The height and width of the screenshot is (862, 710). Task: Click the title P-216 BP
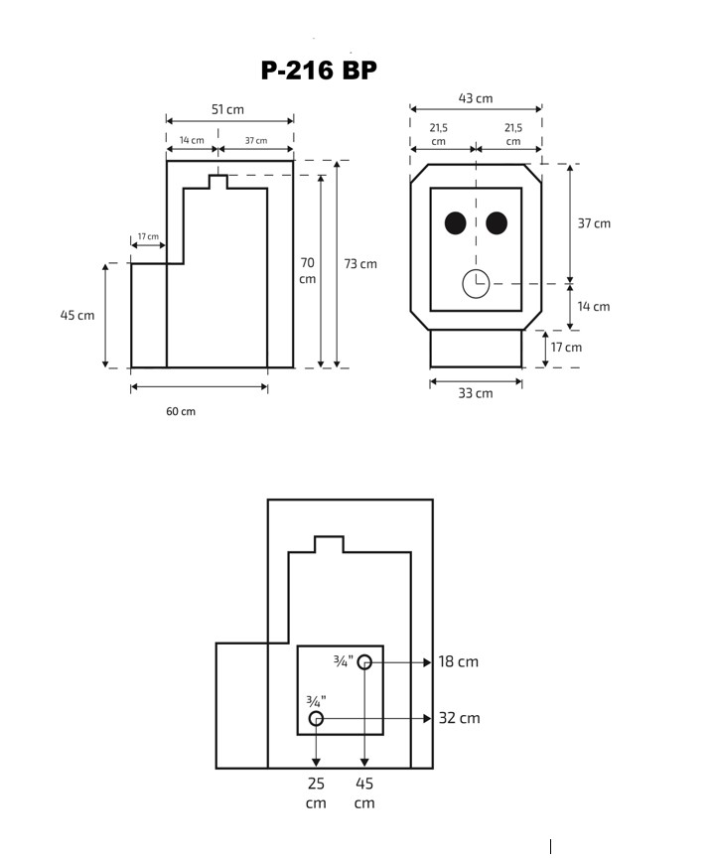[x=319, y=71]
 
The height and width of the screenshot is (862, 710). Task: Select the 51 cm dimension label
[x=228, y=109]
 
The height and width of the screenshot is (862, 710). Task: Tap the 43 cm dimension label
[x=476, y=98]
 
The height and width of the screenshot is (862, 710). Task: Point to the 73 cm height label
[x=360, y=264]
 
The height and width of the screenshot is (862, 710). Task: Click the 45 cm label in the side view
[x=77, y=315]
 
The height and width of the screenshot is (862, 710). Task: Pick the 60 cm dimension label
[x=181, y=411]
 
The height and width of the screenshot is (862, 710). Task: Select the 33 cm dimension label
[x=476, y=393]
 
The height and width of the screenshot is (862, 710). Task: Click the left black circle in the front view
[x=456, y=223]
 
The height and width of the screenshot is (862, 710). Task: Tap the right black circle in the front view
[x=497, y=223]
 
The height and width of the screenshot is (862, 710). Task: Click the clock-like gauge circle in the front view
[x=477, y=284]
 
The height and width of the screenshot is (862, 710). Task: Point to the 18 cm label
[x=459, y=661]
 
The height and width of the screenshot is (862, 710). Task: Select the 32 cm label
[x=460, y=718]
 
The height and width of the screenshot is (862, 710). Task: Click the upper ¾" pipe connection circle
[x=364, y=662]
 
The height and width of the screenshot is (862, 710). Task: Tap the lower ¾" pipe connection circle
[x=316, y=718]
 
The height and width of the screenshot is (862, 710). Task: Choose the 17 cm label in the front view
[x=566, y=348]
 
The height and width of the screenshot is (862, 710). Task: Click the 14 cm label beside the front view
[x=594, y=307]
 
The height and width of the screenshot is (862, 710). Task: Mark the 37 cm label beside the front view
[x=594, y=223]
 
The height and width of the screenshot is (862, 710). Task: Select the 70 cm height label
[x=308, y=271]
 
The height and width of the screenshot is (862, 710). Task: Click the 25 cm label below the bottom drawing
[x=316, y=792]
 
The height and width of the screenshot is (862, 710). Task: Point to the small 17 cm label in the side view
[x=148, y=236]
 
